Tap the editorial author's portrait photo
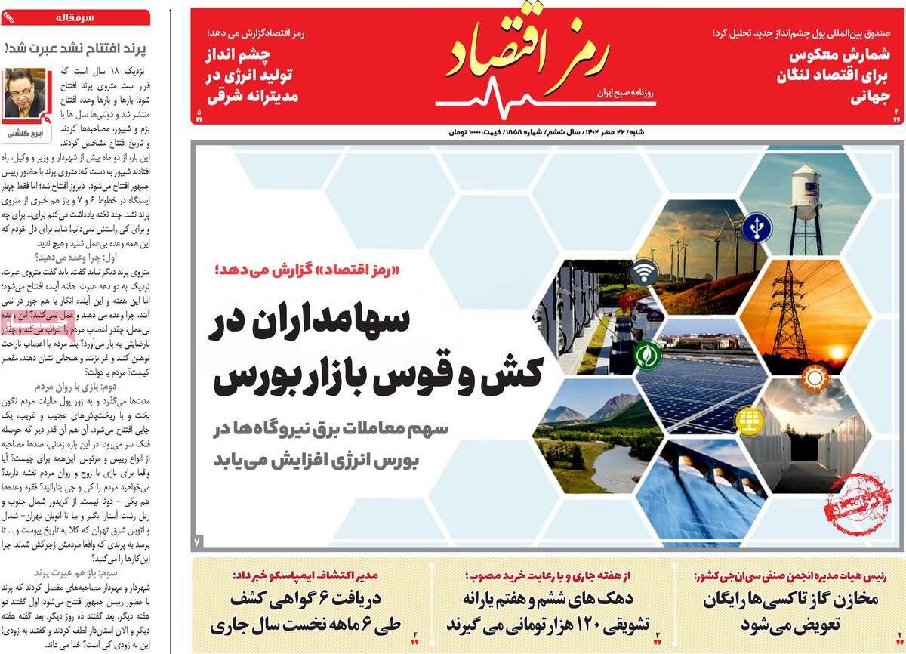(x=26, y=95)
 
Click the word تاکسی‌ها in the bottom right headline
(x=778, y=601)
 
